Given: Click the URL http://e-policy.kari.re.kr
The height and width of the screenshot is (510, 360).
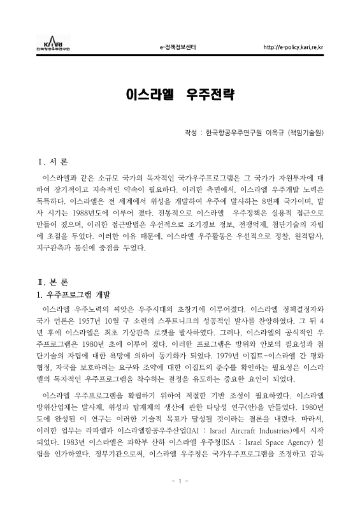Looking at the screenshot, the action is (x=292, y=47).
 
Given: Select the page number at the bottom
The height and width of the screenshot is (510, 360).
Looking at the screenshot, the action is (x=180, y=496).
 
